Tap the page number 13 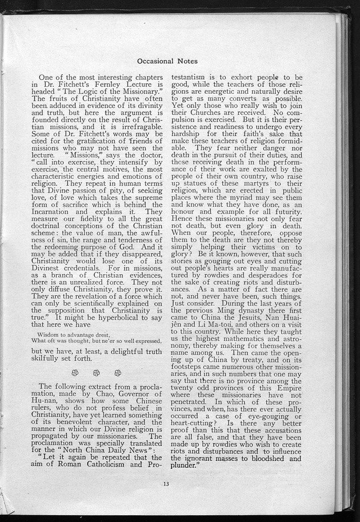point(166,484)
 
